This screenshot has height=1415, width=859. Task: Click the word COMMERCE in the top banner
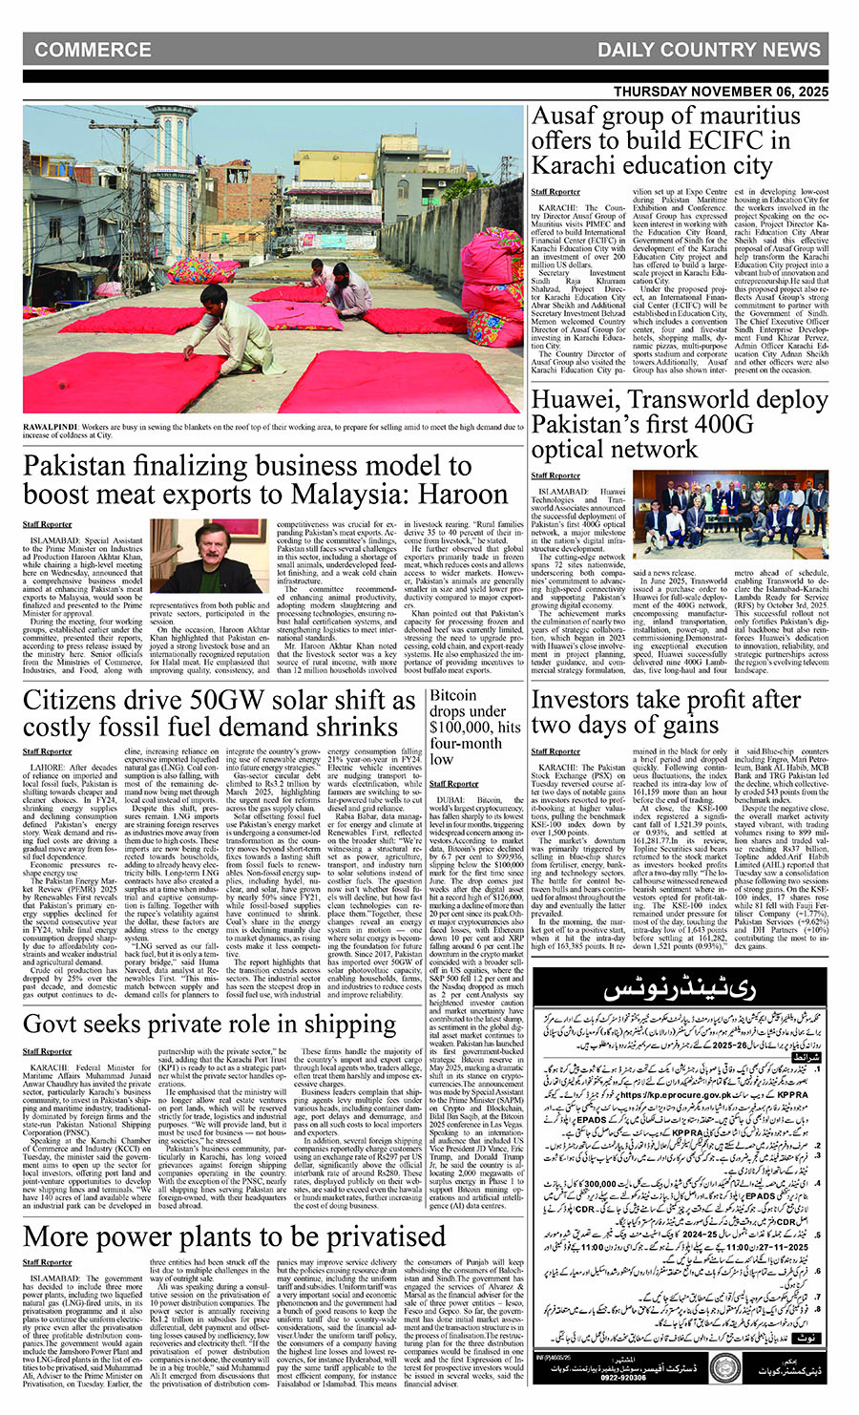93,50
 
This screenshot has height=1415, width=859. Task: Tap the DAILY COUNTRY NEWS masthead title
708,50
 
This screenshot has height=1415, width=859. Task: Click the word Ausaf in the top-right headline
565,116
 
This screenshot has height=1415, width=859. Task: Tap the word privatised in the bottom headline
367,1236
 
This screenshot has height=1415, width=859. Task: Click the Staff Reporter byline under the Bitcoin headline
454,784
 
